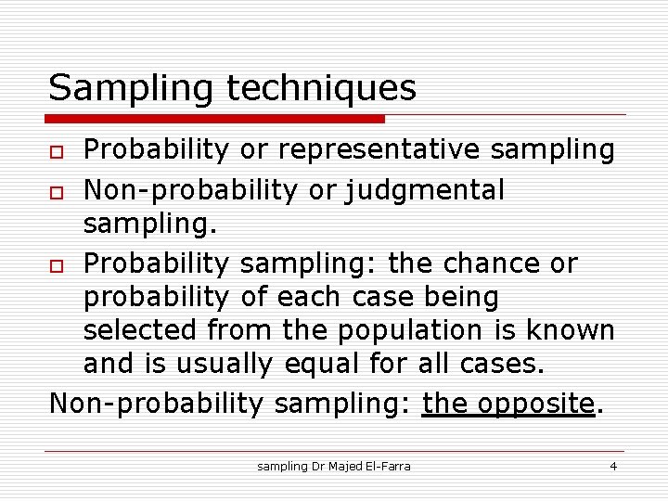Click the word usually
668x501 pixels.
click(x=222, y=364)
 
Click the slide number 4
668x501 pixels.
click(x=613, y=466)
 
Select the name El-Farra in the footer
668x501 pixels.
click(x=387, y=466)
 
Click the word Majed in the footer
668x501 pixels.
click(x=340, y=466)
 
